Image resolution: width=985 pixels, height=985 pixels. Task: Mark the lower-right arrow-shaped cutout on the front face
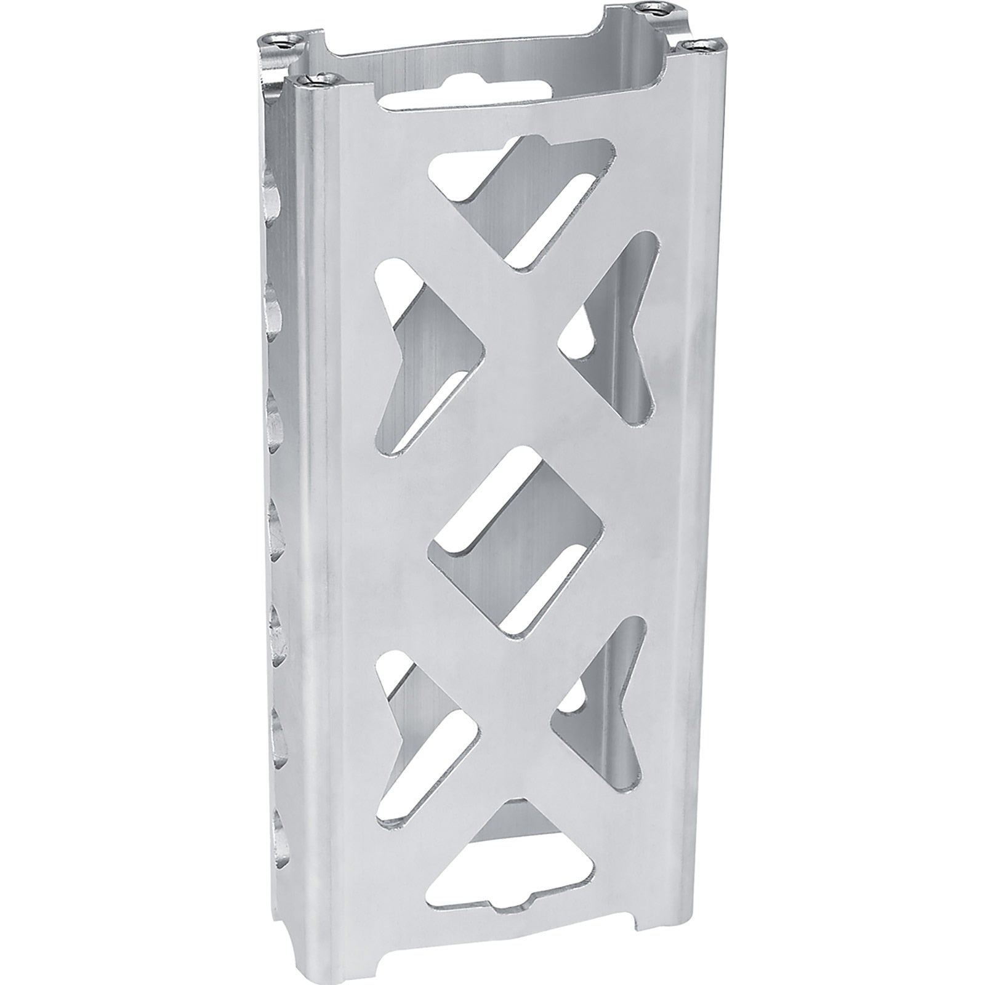[606, 708]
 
